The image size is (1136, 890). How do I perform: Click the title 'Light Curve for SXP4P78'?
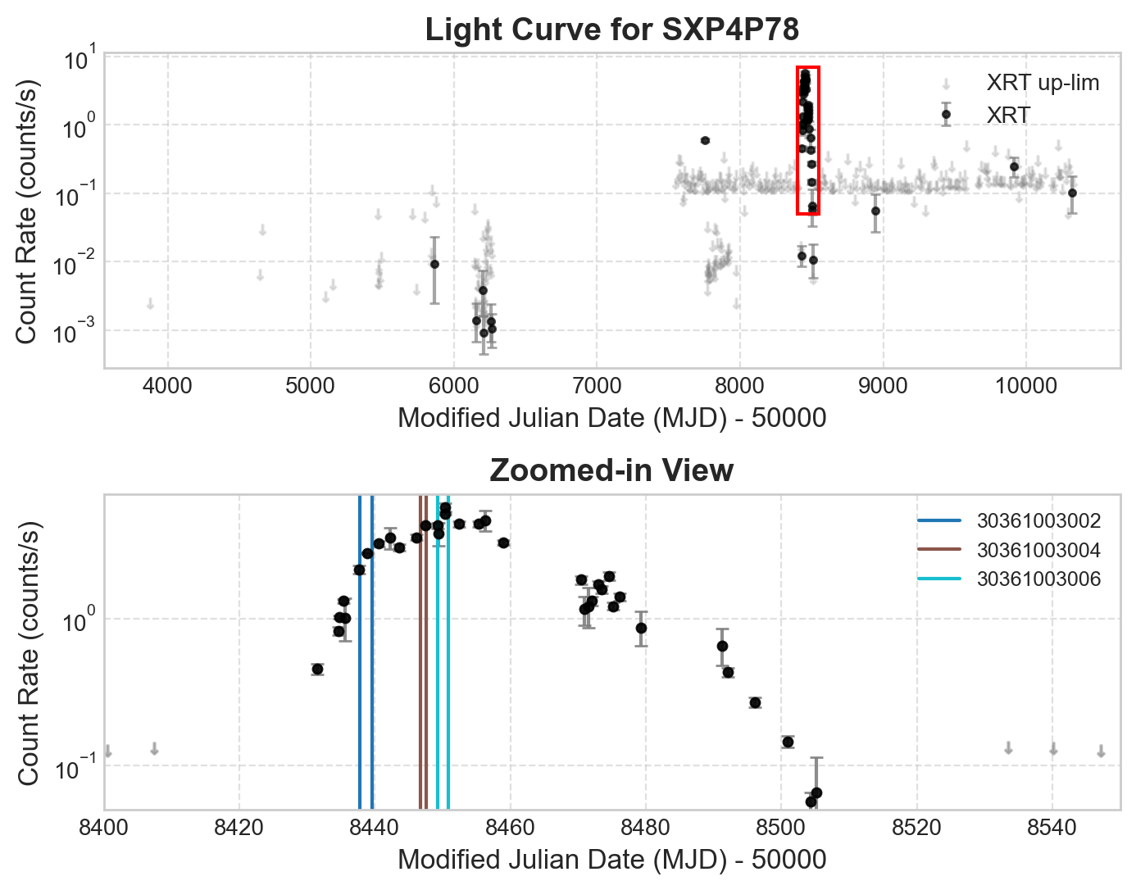click(611, 30)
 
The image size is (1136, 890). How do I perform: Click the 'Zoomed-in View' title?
click(611, 471)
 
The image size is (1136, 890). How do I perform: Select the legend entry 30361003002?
click(1038, 521)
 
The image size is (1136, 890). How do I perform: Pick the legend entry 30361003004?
click(1038, 551)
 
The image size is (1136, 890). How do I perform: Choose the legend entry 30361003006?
click(1038, 580)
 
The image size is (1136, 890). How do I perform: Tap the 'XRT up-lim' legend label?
click(1043, 83)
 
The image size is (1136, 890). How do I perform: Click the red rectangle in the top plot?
click(808, 68)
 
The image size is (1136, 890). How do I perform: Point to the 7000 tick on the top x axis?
click(596, 385)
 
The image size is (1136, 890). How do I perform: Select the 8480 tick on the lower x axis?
click(646, 827)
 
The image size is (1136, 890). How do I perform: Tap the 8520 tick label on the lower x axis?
click(916, 827)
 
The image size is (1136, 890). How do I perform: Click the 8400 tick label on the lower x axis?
click(104, 827)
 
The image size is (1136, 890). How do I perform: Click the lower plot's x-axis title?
click(611, 860)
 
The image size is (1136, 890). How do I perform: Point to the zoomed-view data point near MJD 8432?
click(317, 670)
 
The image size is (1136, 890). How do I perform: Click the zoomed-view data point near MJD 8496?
click(755, 702)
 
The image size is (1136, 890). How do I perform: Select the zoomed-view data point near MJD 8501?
click(788, 742)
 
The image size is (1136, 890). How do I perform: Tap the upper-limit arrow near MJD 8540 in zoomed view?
click(1053, 749)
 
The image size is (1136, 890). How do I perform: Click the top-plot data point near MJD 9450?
click(946, 114)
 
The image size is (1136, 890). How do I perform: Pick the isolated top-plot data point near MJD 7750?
click(705, 140)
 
